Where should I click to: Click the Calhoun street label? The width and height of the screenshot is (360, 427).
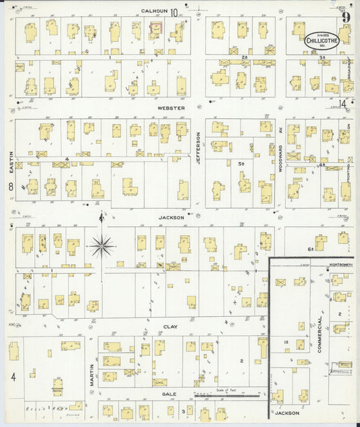click(x=154, y=10)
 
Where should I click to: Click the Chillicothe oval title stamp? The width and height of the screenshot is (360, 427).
click(x=322, y=39)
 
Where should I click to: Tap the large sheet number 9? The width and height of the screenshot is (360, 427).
click(x=345, y=16)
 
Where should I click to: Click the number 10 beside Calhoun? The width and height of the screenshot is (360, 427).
click(x=175, y=11)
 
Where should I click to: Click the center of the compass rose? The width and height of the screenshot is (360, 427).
click(x=101, y=246)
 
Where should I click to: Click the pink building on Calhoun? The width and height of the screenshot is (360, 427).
click(x=155, y=28)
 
